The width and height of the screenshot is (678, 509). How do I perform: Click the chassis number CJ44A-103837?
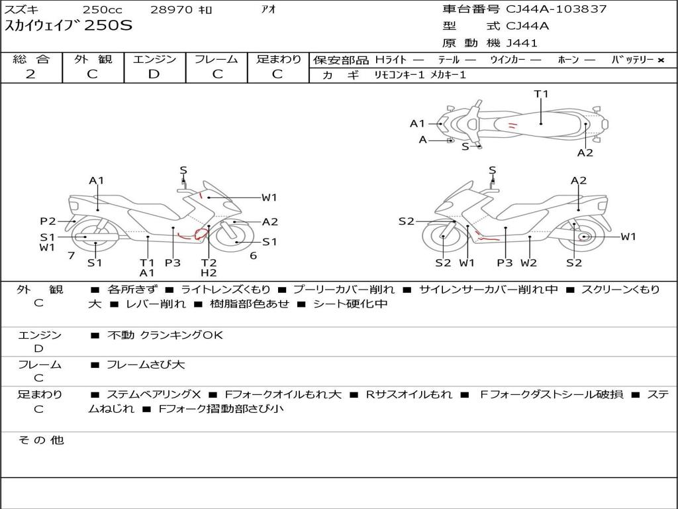click(x=556, y=9)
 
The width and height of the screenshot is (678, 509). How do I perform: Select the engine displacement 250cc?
click(x=102, y=9)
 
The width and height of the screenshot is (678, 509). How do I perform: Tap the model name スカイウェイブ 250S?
click(x=68, y=26)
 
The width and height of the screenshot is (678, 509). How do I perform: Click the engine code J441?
click(x=522, y=43)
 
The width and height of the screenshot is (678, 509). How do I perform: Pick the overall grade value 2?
click(x=30, y=74)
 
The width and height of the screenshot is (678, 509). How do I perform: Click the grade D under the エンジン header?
click(x=154, y=74)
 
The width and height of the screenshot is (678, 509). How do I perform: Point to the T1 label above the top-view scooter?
click(x=541, y=94)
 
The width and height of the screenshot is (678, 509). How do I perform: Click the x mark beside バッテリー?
click(x=661, y=60)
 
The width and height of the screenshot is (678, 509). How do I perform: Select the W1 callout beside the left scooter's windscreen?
click(x=269, y=198)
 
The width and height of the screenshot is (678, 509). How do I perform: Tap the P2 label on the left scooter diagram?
click(x=48, y=221)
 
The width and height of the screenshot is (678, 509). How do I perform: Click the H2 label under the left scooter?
click(x=209, y=272)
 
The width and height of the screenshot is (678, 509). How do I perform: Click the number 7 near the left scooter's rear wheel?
click(x=72, y=256)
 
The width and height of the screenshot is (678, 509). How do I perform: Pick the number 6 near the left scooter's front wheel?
click(x=254, y=256)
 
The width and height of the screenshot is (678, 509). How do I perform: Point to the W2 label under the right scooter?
click(x=528, y=262)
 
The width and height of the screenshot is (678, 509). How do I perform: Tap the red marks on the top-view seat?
click(x=512, y=126)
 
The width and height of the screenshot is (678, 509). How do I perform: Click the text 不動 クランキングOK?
click(x=165, y=335)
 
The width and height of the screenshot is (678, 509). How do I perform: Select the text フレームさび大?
click(x=146, y=365)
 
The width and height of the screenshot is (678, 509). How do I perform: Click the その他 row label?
click(x=41, y=440)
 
